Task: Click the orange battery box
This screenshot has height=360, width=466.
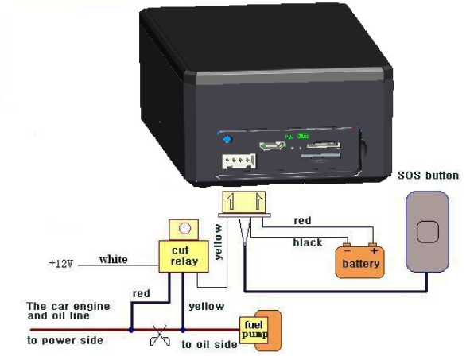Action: pyautogui.click(x=359, y=262)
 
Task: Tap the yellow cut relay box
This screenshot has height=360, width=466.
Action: pyautogui.click(x=184, y=257)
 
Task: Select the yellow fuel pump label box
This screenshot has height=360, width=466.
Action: pyautogui.click(x=254, y=330)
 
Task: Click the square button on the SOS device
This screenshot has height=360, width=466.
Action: pyautogui.click(x=428, y=232)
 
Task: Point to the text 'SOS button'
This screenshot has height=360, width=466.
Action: pyautogui.click(x=429, y=176)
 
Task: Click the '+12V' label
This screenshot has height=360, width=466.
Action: pyautogui.click(x=61, y=264)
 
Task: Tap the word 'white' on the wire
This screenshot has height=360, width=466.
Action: pyautogui.click(x=113, y=259)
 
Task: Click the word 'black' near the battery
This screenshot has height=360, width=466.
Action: pyautogui.click(x=308, y=242)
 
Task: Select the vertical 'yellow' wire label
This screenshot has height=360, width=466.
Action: pyautogui.click(x=219, y=242)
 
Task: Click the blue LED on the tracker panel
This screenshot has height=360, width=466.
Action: pyautogui.click(x=227, y=139)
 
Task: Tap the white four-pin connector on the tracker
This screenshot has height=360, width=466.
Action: pyautogui.click(x=239, y=161)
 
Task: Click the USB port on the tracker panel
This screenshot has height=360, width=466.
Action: pyautogui.click(x=273, y=145)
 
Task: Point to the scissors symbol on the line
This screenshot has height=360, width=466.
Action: pyautogui.click(x=160, y=335)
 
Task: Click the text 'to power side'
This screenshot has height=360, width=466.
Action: pyautogui.click(x=65, y=340)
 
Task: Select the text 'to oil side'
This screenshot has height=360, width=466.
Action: pyautogui.click(x=209, y=345)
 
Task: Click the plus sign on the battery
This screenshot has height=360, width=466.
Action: pyautogui.click(x=374, y=251)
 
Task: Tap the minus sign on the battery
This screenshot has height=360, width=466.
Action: pyautogui.click(x=347, y=251)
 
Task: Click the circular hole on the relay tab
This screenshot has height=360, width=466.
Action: pyautogui.click(x=184, y=229)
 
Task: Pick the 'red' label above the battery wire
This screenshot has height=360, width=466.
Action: pyautogui.click(x=302, y=221)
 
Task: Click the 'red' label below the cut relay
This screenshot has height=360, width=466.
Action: pyautogui.click(x=142, y=294)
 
